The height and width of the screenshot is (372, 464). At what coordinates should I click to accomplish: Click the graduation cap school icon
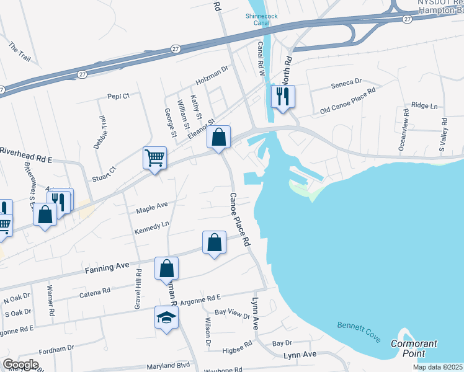coord(166,317)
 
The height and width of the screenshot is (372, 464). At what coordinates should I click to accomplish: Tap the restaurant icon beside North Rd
coord(282,96)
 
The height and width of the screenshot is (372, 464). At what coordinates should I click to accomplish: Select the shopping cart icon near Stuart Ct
coord(155,157)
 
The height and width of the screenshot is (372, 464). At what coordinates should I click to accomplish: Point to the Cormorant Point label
coord(414,348)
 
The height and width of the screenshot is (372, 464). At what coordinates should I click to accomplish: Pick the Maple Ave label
coord(152,205)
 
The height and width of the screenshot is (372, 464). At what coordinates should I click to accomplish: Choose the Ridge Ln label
coord(424,106)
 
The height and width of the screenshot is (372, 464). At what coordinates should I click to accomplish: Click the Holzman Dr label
coord(212,79)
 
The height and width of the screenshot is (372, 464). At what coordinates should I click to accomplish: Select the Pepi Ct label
coord(118,96)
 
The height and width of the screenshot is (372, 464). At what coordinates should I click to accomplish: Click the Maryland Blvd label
coord(167,366)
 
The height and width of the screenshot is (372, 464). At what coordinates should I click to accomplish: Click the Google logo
coord(21,365)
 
